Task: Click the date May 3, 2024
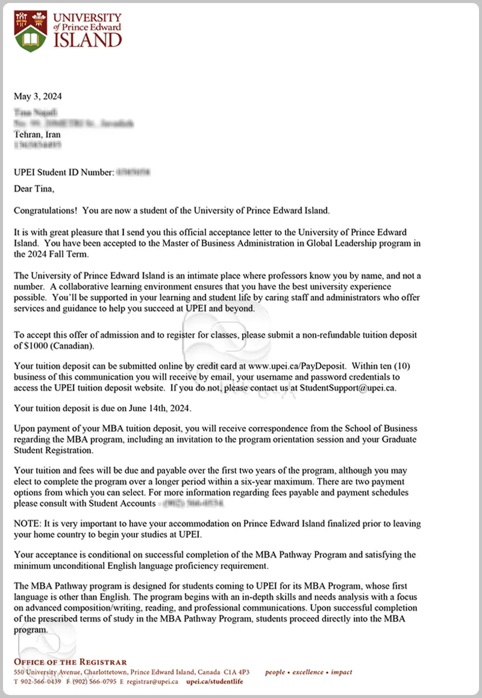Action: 38,96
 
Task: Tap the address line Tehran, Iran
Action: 37,135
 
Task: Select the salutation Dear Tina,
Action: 34,189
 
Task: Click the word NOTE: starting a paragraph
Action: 27,524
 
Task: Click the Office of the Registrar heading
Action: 70,662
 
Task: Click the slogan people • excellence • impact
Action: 309,672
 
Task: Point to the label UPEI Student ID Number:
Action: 64,172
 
